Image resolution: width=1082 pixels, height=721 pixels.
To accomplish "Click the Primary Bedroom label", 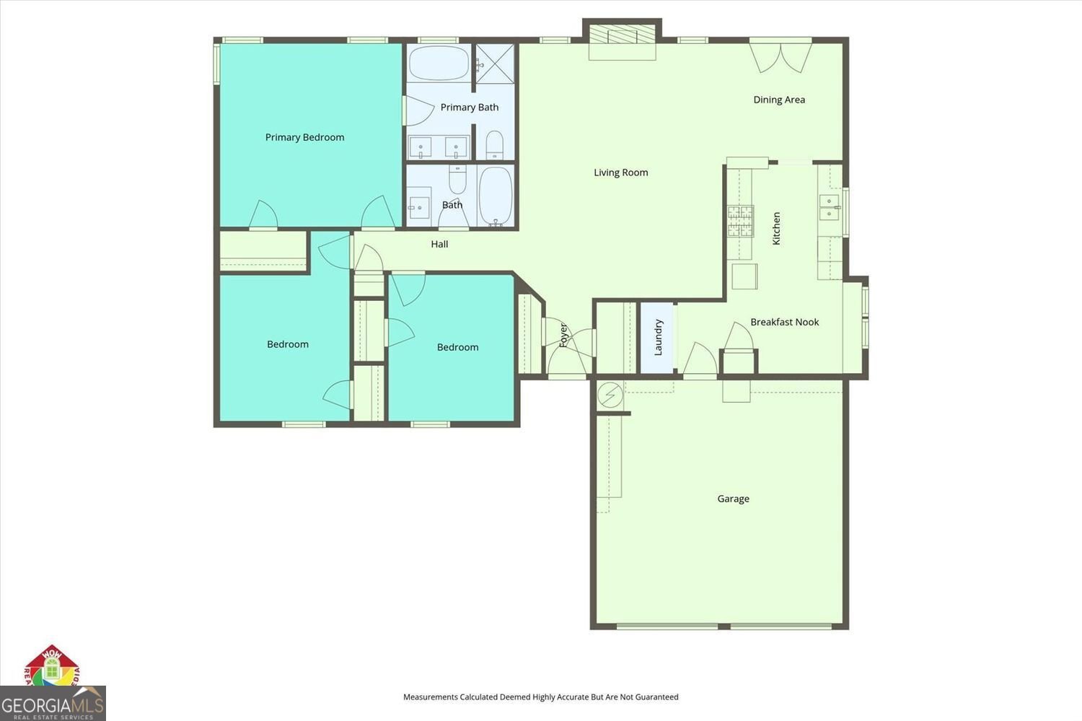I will click(304, 137).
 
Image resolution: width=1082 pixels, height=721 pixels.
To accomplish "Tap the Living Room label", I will click(620, 172).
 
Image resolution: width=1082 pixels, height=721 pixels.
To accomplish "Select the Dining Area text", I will click(779, 100).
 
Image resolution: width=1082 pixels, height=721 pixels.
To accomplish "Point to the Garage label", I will click(733, 499).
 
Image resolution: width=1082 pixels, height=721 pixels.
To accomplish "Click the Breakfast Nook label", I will click(784, 322).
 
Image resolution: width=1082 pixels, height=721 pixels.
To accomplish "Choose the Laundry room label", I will click(658, 338).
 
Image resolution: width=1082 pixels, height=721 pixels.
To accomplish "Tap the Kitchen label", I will click(776, 228).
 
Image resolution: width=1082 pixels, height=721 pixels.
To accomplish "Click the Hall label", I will click(439, 244).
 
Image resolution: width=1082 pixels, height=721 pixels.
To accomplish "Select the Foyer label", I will click(563, 335).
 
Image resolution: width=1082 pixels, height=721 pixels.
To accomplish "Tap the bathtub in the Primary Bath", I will click(439, 64).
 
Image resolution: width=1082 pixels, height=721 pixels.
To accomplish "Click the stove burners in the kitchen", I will click(739, 221).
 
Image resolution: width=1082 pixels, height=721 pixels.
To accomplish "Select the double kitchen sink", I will click(830, 206).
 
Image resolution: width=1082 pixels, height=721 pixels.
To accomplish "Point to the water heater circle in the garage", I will click(610, 395).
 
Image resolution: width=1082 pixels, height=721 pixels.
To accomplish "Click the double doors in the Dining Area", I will click(780, 58).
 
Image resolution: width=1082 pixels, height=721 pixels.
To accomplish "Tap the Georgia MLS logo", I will click(53, 703).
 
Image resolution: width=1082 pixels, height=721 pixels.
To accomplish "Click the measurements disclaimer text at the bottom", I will click(540, 697).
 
